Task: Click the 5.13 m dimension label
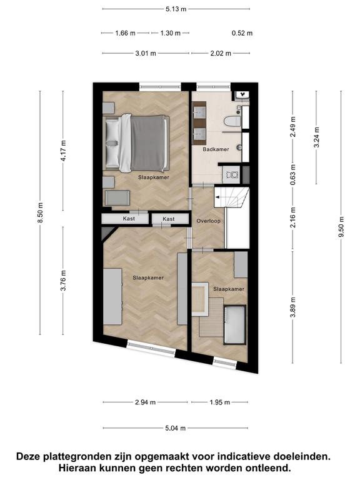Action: tap(176, 9)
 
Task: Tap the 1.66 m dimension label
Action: tap(125, 33)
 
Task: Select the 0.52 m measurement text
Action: tap(242, 33)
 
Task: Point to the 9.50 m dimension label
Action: tap(342, 227)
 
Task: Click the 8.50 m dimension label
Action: tap(41, 212)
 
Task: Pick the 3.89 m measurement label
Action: tap(293, 307)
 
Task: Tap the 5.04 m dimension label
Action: tap(176, 428)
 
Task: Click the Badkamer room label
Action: tap(216, 149)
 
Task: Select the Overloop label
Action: tap(209, 221)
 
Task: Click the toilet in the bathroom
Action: tap(232, 121)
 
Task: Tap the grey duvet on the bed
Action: tap(148, 142)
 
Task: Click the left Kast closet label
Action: tap(129, 219)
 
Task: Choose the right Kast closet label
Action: tap(169, 219)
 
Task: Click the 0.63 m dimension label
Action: tap(293, 174)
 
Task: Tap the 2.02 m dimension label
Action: tap(221, 53)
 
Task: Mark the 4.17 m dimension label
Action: tap(63, 151)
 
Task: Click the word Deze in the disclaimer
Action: tap(29, 457)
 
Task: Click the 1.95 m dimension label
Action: tap(220, 402)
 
